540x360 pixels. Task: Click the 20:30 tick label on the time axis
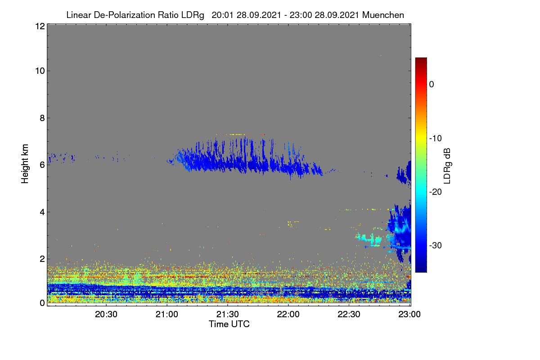[106, 315]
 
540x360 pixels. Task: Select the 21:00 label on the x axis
[167, 315]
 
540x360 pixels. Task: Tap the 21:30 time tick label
[228, 315]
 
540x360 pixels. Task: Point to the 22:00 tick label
[288, 315]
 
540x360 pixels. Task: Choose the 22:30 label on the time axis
[349, 315]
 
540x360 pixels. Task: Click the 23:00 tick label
[409, 315]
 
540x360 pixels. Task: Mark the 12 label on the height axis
[40, 26]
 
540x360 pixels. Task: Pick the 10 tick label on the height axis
[40, 71]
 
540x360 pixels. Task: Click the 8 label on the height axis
[42, 118]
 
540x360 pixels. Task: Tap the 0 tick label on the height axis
[42, 303]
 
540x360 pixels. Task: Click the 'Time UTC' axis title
[229, 324]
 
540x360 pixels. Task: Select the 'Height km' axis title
[25, 164]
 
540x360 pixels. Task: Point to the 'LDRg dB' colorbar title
[447, 166]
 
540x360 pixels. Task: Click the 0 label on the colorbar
[432, 85]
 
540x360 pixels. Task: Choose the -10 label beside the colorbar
[436, 139]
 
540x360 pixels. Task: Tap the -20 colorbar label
[436, 192]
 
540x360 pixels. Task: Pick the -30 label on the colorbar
[436, 246]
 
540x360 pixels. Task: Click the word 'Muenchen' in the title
[383, 15]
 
